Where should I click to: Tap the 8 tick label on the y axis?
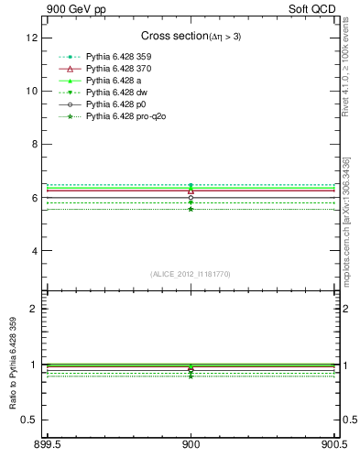[x=38, y=145]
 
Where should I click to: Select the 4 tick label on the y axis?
[x=38, y=251]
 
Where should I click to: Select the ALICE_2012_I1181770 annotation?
[x=191, y=273]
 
